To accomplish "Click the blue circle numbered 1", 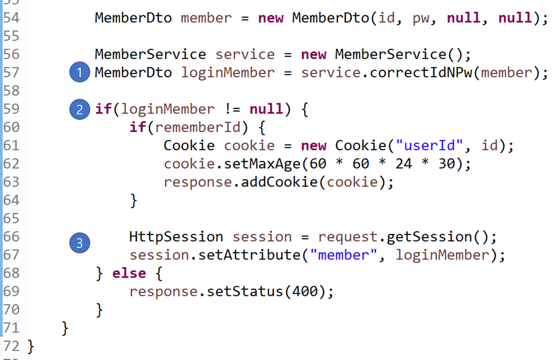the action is point(80,72).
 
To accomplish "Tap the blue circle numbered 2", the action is point(80,109).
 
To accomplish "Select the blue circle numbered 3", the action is point(80,243).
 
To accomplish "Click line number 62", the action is point(11,164).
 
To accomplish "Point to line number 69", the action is point(11,291).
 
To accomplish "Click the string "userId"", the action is point(429,146).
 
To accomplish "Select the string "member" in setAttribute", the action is point(343,255).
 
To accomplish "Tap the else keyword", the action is point(129,274).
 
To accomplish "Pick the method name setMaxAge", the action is point(262,164).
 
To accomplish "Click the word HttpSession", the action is point(176,237).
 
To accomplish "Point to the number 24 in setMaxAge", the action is point(403,164).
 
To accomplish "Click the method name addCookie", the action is point(279,182).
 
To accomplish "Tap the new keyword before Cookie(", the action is point(314,146).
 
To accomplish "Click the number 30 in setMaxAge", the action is point(447,164).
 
